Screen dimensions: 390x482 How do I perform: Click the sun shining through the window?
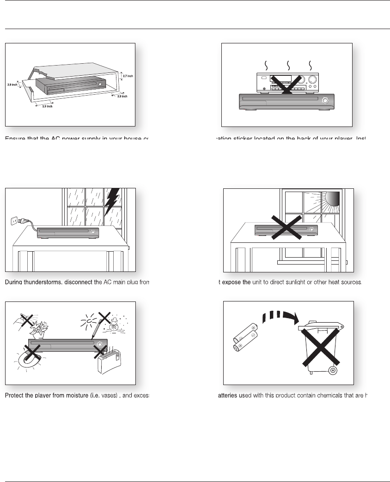[332, 199]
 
